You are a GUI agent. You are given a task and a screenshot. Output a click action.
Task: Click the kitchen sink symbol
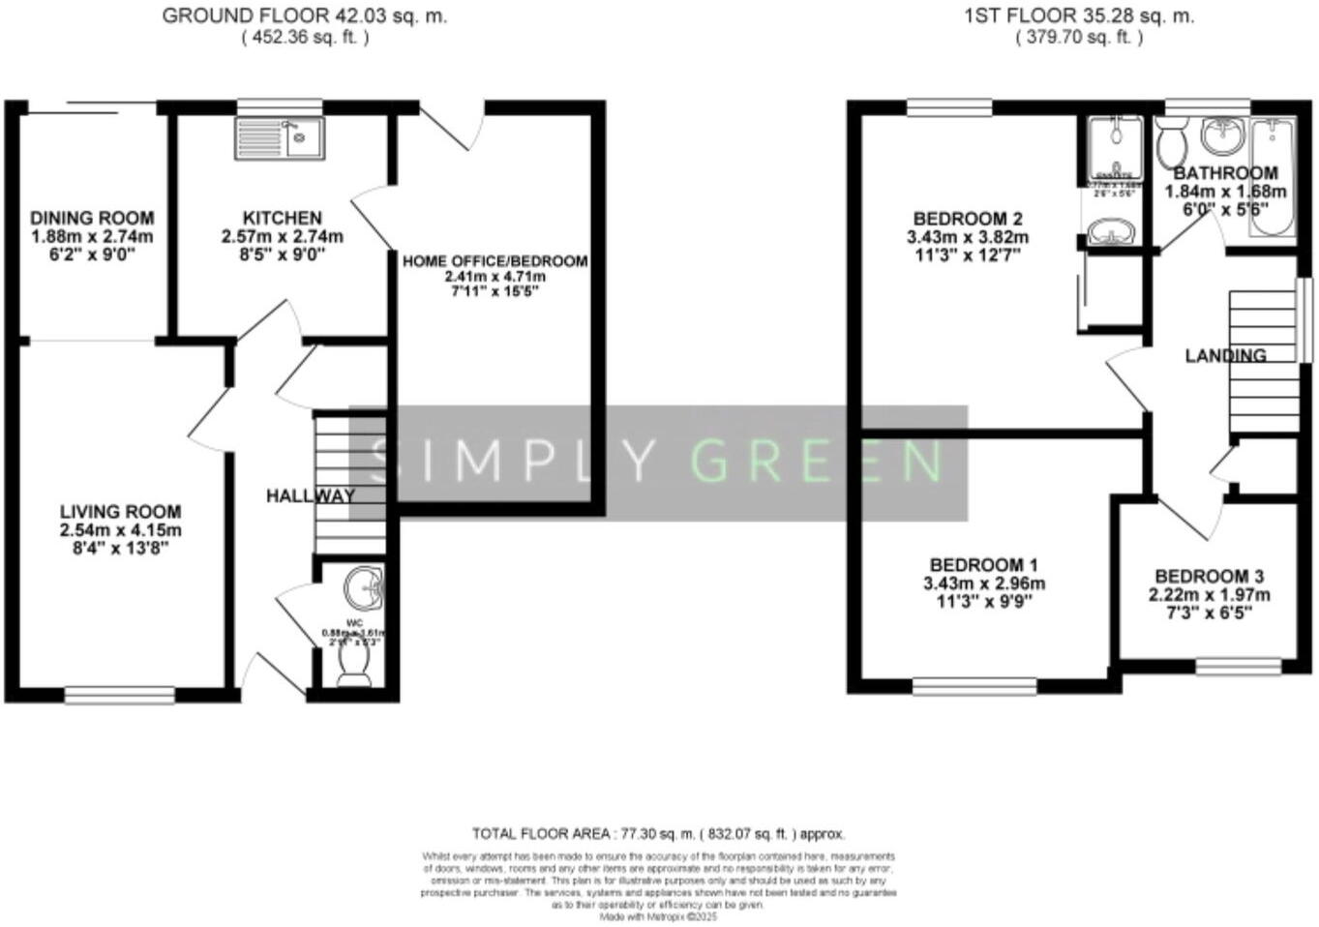pos(280,138)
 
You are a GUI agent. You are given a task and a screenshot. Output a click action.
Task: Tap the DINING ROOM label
pos(92,219)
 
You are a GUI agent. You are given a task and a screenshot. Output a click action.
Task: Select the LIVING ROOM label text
pos(120,512)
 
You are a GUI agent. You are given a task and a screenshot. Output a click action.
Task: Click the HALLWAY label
pos(311,495)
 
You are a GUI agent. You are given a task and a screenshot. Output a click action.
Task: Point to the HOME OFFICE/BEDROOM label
pos(495,261)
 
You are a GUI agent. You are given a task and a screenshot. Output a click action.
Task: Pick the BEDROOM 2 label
pos(968,219)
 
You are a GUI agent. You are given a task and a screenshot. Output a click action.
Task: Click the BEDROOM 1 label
pos(983,565)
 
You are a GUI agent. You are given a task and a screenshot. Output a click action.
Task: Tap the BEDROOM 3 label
pos(1209,577)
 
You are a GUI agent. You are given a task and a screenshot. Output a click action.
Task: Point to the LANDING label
pos(1225,356)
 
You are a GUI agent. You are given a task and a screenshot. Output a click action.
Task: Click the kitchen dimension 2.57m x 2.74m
pos(283,237)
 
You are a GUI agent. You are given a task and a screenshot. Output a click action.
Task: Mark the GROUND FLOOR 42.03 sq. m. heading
pos(304,16)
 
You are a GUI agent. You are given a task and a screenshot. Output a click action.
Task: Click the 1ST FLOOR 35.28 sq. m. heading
pos(1079,16)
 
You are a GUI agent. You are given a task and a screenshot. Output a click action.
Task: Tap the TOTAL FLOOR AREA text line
pos(658,833)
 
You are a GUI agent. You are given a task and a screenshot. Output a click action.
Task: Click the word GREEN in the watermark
pos(817,461)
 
